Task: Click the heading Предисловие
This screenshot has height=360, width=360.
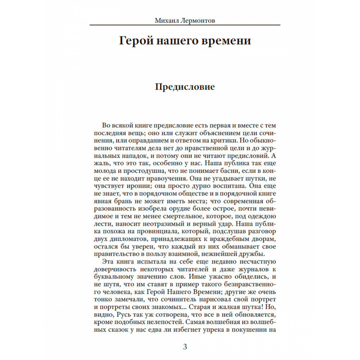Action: pyautogui.click(x=185, y=87)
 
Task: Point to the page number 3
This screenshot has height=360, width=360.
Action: pyautogui.click(x=185, y=347)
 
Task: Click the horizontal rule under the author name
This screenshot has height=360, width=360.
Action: pyautogui.click(x=185, y=25)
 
